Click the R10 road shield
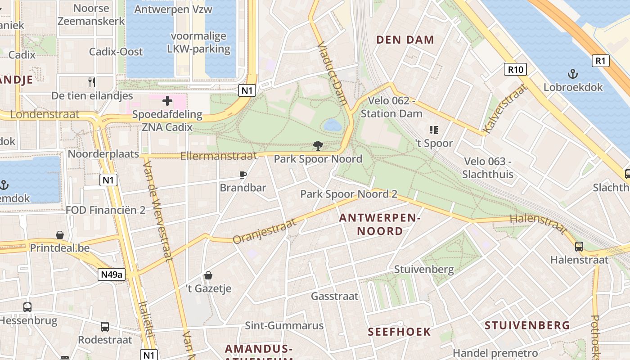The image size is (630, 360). click(515, 69)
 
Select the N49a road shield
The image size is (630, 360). click(111, 274)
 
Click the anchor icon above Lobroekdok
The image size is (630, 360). click(573, 74)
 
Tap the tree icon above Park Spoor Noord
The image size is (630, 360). click(318, 146)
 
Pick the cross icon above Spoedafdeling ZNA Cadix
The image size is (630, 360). click(167, 101)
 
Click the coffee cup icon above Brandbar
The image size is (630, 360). click(243, 175)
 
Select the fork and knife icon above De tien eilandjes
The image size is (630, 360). click(92, 82)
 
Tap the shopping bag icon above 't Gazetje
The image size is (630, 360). click(208, 275)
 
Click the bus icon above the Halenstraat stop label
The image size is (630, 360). click(579, 247)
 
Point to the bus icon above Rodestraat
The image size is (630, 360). click(105, 326)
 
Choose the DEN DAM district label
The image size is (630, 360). click(405, 40)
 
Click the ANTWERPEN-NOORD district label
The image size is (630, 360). click(380, 225)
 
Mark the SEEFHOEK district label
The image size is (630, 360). click(399, 332)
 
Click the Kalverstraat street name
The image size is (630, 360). click(504, 109)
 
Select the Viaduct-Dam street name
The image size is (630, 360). click(332, 74)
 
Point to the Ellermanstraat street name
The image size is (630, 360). click(219, 156)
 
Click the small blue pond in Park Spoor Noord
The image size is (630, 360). click(333, 125)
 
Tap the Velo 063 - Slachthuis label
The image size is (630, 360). click(488, 168)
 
